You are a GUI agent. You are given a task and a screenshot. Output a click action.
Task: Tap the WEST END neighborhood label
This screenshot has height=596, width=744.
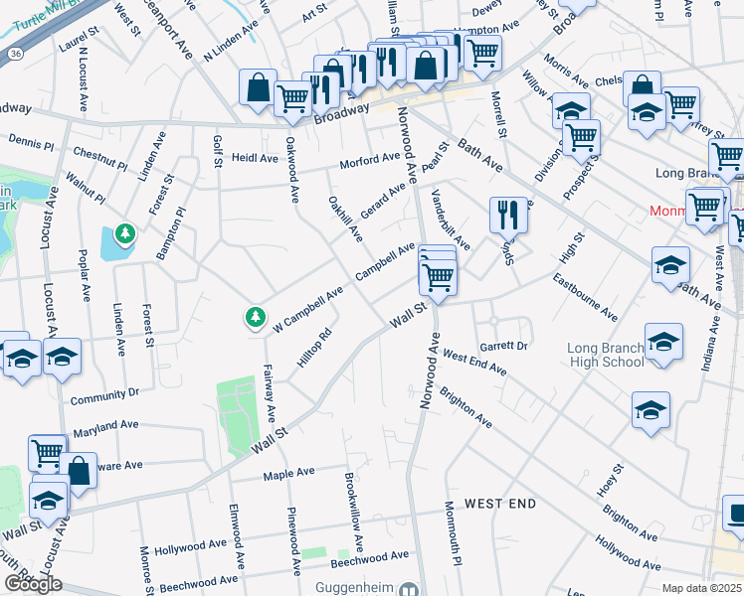500,504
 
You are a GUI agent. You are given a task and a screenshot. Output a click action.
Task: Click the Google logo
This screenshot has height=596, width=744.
33,584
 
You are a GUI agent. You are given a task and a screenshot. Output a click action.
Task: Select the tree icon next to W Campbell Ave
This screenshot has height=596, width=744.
256,318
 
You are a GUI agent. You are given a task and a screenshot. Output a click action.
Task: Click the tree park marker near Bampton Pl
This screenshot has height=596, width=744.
125,234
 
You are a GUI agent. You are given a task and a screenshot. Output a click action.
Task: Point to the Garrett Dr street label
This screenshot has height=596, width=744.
502,346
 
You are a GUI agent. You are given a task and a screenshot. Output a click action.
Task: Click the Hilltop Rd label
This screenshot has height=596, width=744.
312,354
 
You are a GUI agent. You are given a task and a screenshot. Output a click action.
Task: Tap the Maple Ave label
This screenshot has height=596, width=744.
288,474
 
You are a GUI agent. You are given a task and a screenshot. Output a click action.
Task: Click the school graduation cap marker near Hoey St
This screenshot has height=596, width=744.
651,409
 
